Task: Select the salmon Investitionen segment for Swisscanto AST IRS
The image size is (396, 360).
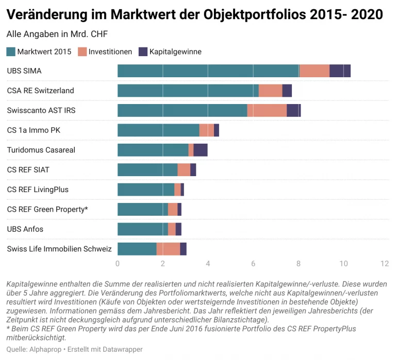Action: tap(267, 111)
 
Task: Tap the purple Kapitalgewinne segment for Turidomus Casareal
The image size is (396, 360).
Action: tap(201, 150)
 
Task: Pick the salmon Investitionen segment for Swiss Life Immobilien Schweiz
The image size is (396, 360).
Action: tap(168, 249)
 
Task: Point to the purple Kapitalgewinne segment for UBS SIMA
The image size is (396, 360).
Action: tap(340, 71)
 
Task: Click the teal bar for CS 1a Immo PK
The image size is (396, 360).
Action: tap(158, 130)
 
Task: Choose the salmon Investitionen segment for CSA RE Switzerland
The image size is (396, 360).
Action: tap(270, 91)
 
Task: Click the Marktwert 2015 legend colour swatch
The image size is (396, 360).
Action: tap(11, 52)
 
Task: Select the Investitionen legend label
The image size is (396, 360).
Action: tap(110, 52)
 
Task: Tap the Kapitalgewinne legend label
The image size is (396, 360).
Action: tap(175, 52)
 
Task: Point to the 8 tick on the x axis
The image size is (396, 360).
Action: tap(299, 264)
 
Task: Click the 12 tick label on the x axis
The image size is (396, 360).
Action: tap(384, 264)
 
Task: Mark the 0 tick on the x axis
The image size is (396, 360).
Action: tap(118, 264)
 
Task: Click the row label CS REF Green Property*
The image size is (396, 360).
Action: tap(47, 210)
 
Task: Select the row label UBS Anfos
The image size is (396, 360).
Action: tap(25, 229)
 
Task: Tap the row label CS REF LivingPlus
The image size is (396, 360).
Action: tap(38, 190)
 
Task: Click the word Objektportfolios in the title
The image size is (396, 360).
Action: tap(246, 14)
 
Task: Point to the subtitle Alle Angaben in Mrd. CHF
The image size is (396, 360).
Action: tap(57, 35)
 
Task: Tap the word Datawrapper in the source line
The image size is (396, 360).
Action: tap(122, 349)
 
